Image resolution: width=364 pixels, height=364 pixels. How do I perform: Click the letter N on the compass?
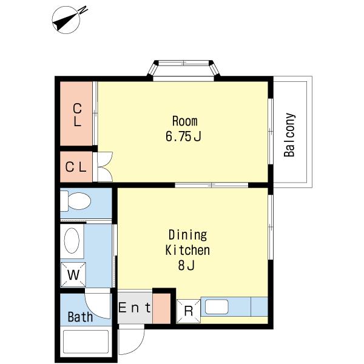pos(83,10)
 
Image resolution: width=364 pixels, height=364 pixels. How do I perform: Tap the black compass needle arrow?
pos(66,21)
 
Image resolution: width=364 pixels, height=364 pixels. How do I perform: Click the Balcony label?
pos(289,135)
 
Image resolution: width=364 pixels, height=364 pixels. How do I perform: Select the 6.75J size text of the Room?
pos(183,136)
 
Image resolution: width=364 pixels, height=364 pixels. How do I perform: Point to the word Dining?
pos(187,235)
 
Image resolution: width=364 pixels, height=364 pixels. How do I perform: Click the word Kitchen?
pos(187,250)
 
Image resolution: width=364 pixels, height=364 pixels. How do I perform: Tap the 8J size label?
pos(186,265)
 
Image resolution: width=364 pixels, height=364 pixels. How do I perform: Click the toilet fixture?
pos(75,201)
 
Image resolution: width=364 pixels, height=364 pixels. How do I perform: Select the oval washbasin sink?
pos(72,240)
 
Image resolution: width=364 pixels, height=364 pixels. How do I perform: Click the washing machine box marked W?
pos(73,275)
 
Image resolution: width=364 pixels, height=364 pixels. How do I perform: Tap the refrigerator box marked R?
pos(188,311)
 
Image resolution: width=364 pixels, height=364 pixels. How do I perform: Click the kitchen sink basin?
pos(217,306)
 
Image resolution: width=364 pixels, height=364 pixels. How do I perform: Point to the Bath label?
pos(80,317)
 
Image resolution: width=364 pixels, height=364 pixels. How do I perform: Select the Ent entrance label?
pos(135,308)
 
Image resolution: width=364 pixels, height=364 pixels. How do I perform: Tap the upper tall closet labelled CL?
pos(76,114)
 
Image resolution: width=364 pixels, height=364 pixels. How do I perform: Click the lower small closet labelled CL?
pos(76,167)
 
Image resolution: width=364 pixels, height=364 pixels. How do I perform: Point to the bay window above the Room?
pos(183,69)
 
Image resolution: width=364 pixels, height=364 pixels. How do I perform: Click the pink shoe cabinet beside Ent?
pos(161,308)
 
